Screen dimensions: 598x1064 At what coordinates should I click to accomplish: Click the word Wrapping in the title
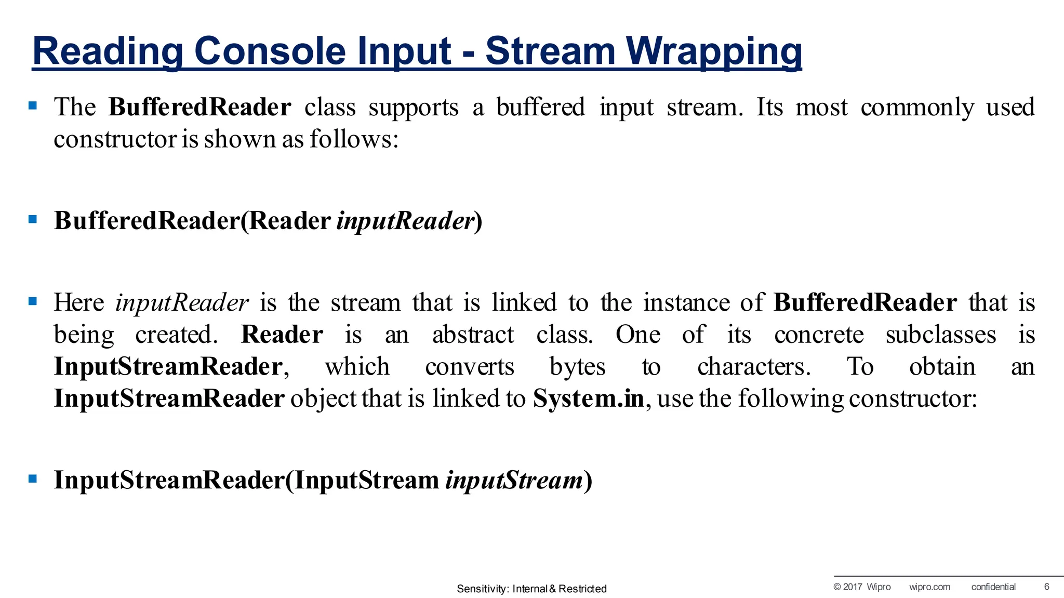tap(714, 51)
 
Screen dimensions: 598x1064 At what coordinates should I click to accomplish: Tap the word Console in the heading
tap(270, 51)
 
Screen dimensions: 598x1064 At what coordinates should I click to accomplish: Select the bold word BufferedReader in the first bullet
tap(199, 107)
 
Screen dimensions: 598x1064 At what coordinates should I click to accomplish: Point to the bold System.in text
tap(589, 398)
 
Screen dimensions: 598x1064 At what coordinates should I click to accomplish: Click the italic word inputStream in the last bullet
tap(514, 480)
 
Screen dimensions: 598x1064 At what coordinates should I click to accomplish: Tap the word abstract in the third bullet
tap(473, 335)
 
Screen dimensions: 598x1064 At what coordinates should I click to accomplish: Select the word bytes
tap(577, 367)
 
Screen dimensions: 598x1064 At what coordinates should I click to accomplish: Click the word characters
tap(753, 367)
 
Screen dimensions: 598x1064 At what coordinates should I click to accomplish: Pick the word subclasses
tap(941, 335)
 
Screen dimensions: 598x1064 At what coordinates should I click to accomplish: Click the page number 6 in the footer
tap(1046, 587)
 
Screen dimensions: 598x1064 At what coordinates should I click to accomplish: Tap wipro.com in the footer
tap(929, 587)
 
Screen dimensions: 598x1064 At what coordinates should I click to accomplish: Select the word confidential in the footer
tap(993, 587)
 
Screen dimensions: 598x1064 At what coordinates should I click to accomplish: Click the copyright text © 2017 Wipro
tap(862, 587)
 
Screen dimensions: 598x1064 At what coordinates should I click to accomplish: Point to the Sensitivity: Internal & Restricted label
tap(531, 589)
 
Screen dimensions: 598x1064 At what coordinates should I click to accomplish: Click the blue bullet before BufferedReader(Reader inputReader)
tap(33, 219)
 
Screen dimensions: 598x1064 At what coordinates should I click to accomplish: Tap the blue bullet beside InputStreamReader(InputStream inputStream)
tap(33, 479)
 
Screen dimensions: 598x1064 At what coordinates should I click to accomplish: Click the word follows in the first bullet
tap(354, 139)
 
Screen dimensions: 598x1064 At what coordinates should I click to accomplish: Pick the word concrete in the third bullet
tap(819, 335)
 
